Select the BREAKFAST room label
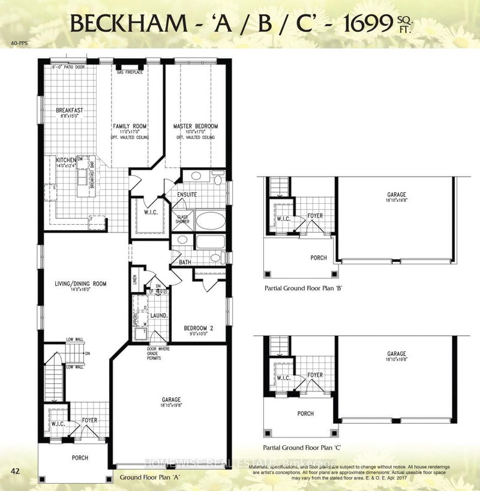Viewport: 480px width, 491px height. click(69, 111)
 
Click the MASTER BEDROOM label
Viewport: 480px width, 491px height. click(195, 126)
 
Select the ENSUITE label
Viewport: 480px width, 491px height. click(187, 195)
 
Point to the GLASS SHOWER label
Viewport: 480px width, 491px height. click(181, 219)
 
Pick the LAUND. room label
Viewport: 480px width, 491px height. click(158, 315)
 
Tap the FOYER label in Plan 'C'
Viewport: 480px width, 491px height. click(316, 376)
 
